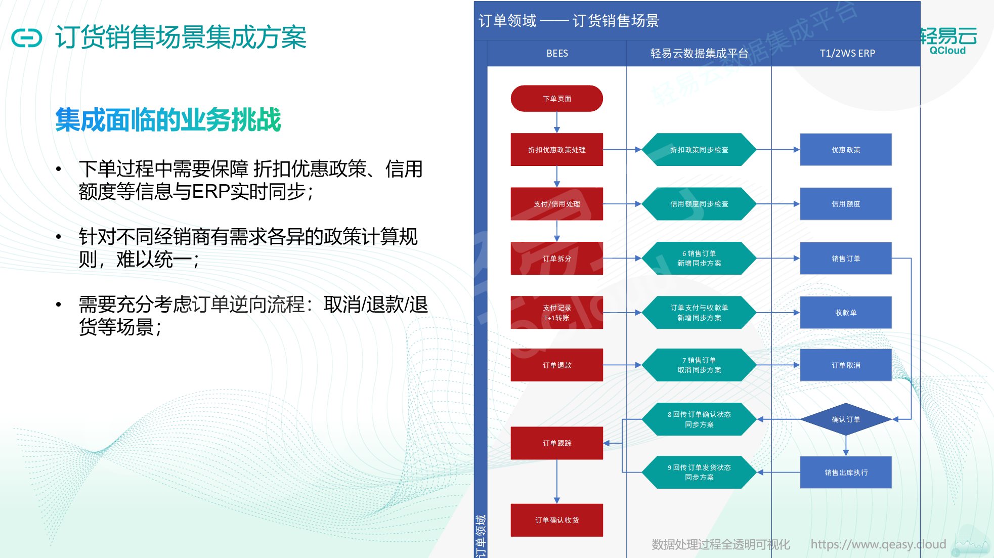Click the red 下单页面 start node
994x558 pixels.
click(556, 99)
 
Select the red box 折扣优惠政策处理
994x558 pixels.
click(556, 150)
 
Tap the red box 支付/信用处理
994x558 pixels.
click(556, 204)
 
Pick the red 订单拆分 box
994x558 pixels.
click(556, 259)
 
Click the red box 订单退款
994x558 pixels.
click(556, 365)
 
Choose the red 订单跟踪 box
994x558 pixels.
click(556, 443)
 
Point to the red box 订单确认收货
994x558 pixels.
click(556, 520)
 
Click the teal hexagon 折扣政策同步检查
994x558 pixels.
click(699, 150)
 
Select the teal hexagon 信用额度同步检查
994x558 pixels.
click(699, 204)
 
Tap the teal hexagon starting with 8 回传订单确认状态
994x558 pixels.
click(699, 419)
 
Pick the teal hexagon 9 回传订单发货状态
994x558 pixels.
click(699, 473)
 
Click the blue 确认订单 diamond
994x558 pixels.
click(846, 419)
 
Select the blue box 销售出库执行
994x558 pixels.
click(846, 473)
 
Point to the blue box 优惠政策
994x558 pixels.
click(846, 150)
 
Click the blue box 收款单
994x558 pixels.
click(846, 313)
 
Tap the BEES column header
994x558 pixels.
click(557, 53)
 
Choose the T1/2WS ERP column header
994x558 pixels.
click(847, 53)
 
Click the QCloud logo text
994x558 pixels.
click(947, 51)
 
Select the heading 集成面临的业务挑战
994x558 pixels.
click(168, 120)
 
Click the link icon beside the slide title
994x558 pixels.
click(27, 38)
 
